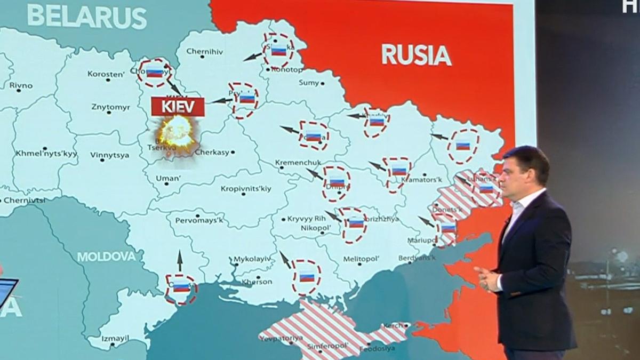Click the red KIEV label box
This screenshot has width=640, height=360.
(x=178, y=107)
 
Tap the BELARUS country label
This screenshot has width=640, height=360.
(x=87, y=17)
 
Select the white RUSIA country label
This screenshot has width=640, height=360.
(x=416, y=54)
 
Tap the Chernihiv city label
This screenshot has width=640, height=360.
(x=204, y=51)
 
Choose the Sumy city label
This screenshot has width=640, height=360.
(x=309, y=83)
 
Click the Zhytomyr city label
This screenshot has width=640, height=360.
(x=110, y=107)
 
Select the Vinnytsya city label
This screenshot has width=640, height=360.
(x=109, y=156)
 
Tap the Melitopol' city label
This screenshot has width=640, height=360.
(x=361, y=259)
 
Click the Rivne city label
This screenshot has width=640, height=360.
(x=21, y=85)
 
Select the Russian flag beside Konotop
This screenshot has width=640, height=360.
(x=278, y=50)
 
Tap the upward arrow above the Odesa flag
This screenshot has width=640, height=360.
(x=180, y=260)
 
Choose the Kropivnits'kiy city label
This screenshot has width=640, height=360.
(x=246, y=189)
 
